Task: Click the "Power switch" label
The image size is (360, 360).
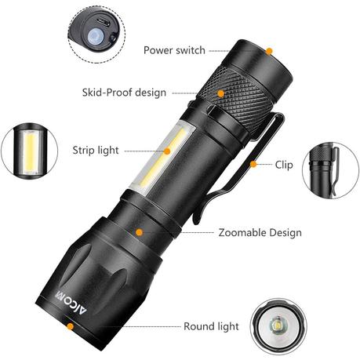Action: (174, 50)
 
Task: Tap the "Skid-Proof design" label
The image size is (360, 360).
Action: (124, 93)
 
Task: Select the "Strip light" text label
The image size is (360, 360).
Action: (96, 151)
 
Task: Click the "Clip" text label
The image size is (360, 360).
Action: (284, 165)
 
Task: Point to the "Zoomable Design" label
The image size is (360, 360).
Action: (260, 233)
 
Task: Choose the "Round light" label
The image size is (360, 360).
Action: (211, 326)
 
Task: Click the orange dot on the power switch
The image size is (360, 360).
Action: (269, 51)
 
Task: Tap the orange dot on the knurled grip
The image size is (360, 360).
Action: (221, 93)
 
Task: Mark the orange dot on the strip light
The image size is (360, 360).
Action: (167, 151)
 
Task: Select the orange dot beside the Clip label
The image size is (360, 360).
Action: (253, 164)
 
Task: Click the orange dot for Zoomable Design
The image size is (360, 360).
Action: (140, 232)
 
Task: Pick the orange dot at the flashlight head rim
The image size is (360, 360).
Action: (70, 326)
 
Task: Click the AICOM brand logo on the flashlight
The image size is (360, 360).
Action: (71, 302)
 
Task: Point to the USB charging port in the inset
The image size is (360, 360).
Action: (103, 22)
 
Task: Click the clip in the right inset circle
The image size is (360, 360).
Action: (335, 171)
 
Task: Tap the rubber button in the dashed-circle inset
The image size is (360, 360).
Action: (95, 37)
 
